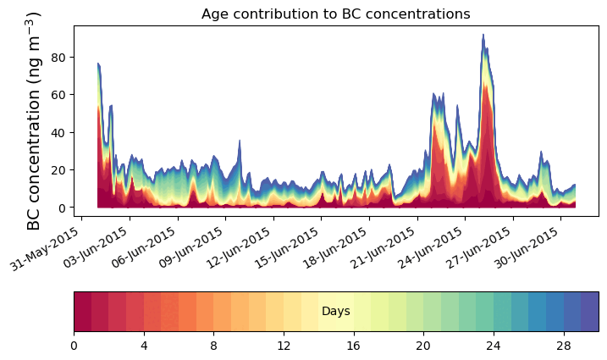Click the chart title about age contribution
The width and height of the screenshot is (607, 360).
click(x=336, y=14)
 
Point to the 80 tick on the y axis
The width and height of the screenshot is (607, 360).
click(x=59, y=57)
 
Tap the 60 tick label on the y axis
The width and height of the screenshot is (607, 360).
click(x=59, y=95)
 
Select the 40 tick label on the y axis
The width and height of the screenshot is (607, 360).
click(x=59, y=132)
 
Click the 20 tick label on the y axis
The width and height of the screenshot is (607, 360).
click(x=59, y=170)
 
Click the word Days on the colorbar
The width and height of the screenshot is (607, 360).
click(x=336, y=312)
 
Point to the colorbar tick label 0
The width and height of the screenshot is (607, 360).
click(x=74, y=346)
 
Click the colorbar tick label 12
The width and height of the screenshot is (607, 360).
click(x=284, y=346)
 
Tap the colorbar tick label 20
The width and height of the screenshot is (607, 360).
click(x=424, y=346)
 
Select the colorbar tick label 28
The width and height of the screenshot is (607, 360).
click(x=564, y=346)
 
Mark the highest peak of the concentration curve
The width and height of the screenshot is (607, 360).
click(x=483, y=35)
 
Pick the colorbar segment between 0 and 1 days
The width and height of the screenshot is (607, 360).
click(x=82, y=312)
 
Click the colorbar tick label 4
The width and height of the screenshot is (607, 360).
click(x=144, y=346)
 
